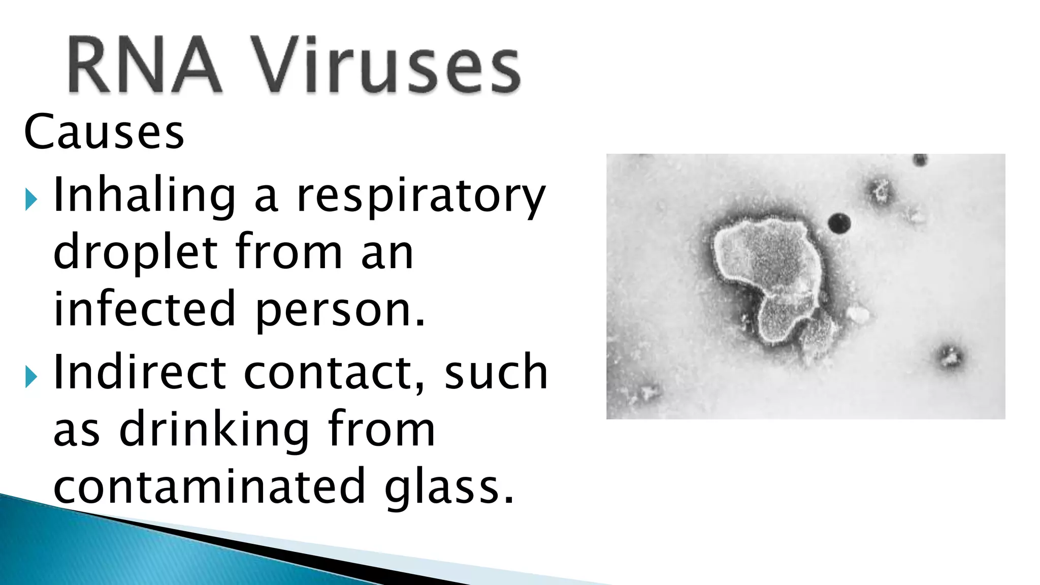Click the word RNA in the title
pos(144,65)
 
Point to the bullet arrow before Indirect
pos(31,377)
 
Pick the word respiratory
pos(420,197)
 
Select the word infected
pos(145,308)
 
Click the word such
pos(496,372)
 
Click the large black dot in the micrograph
pos(839,223)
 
